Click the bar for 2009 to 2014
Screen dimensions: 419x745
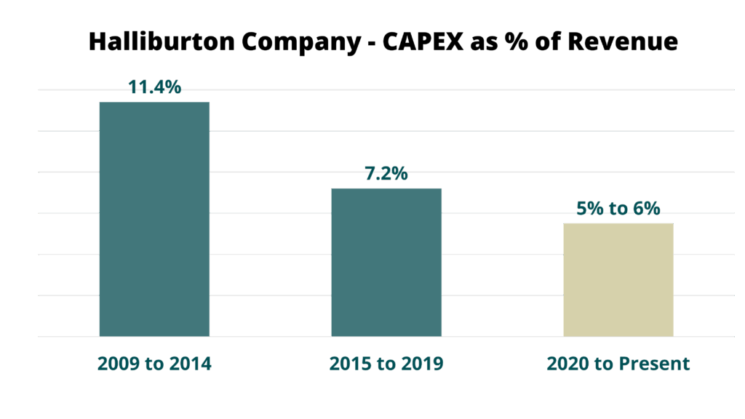[x=154, y=219]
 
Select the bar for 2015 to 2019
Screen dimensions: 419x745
[x=386, y=263]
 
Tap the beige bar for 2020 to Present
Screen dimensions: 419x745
[x=618, y=280]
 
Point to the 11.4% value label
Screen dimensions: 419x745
[x=154, y=87]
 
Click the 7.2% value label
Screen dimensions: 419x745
[x=386, y=173]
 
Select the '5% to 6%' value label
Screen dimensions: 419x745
[x=618, y=208]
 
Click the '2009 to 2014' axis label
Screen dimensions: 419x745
[x=154, y=364]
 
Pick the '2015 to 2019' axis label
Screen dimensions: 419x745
[x=386, y=364]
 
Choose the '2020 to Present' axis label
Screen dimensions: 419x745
[x=618, y=364]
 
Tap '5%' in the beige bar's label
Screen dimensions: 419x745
[x=589, y=208]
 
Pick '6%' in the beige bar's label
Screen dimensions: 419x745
[x=647, y=208]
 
